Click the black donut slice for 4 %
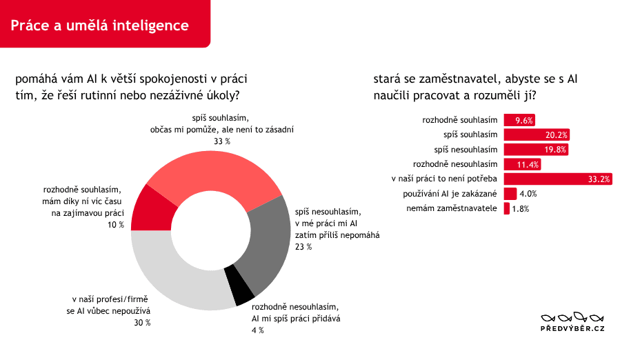click(x=240, y=285)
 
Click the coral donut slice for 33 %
click(x=212, y=174)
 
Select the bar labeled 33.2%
click(x=558, y=179)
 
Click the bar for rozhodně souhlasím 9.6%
click(x=519, y=120)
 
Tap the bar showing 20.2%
click(x=537, y=134)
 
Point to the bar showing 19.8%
click(x=536, y=150)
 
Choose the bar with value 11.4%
click(x=522, y=164)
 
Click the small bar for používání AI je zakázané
click(x=510, y=194)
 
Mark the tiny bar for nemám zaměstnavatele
click(x=506, y=208)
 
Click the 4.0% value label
click(x=528, y=194)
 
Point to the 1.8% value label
click(x=521, y=208)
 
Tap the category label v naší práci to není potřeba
click(x=444, y=179)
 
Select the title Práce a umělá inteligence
click(x=99, y=26)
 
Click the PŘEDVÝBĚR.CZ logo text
click(x=572, y=328)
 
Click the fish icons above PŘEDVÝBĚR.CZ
click(x=572, y=317)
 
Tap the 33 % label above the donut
click(x=222, y=141)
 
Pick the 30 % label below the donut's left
click(x=143, y=323)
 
